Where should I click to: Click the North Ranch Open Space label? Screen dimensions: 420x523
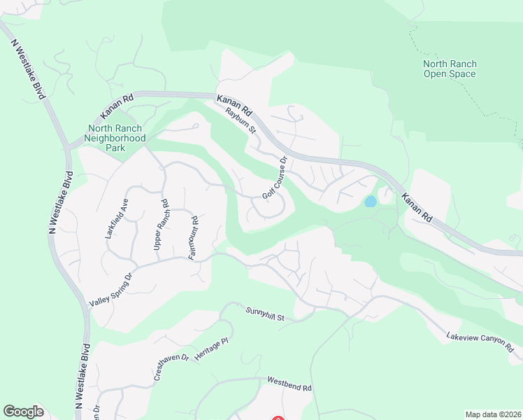click(450, 69)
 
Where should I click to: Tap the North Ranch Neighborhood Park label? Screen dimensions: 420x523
click(115, 133)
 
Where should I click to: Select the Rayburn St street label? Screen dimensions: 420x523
click(241, 120)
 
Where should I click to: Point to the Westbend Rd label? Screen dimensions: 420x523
click(289, 384)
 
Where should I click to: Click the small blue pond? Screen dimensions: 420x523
click(370, 202)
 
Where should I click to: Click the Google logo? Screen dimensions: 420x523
click(24, 412)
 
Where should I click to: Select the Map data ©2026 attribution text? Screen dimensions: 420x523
click(493, 414)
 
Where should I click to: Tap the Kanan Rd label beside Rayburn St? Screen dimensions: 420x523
click(234, 105)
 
